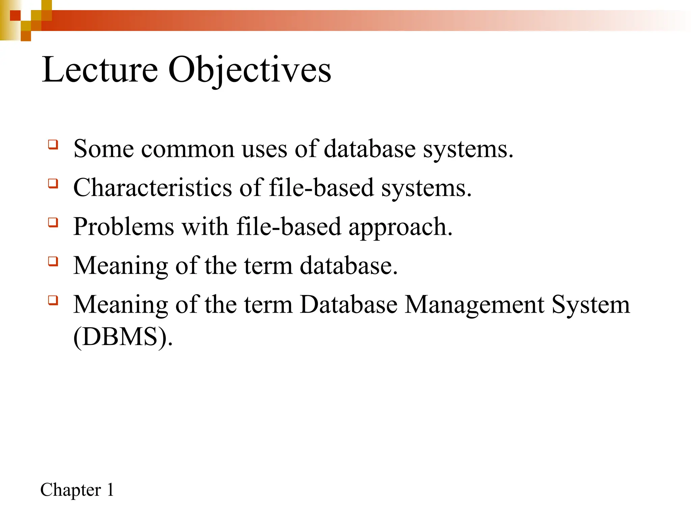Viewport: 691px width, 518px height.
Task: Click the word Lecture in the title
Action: [100, 69]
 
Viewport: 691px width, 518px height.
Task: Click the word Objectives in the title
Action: [249, 70]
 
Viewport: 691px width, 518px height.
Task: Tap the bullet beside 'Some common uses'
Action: [53, 145]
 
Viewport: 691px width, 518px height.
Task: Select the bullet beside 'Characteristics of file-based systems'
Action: [53, 183]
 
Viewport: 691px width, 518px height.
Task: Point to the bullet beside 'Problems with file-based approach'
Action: [53, 222]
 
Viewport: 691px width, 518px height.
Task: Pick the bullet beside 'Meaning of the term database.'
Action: [53, 261]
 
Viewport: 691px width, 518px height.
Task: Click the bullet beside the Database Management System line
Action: [53, 300]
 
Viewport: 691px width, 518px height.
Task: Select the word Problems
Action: [123, 226]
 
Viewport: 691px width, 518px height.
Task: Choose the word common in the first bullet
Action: [188, 149]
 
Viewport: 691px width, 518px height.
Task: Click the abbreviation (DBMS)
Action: [123, 337]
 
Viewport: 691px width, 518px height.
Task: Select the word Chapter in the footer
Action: [71, 490]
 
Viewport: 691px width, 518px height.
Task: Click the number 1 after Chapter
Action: [110, 490]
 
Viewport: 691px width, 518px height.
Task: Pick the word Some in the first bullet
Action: [104, 149]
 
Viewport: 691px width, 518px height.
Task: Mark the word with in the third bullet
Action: [205, 226]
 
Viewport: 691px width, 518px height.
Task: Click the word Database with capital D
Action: [349, 304]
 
